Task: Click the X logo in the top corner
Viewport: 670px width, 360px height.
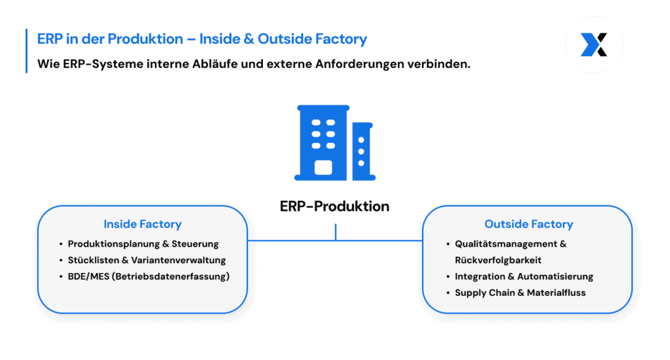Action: pos(593,45)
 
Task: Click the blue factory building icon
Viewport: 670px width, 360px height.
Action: pos(334,143)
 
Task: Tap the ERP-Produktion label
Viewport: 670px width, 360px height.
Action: pos(334,206)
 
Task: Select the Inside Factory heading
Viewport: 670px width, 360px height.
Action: pos(142,224)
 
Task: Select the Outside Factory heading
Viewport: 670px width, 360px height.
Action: pos(528,224)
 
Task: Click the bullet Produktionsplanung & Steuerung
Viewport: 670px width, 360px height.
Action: pos(143,243)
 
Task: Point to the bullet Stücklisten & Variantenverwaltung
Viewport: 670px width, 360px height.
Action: pos(147,260)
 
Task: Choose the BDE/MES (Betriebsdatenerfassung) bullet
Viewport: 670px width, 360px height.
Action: pos(149,276)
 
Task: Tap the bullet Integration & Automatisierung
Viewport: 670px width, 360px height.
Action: pos(523,276)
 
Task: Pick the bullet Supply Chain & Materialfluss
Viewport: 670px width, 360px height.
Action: pos(520,293)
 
